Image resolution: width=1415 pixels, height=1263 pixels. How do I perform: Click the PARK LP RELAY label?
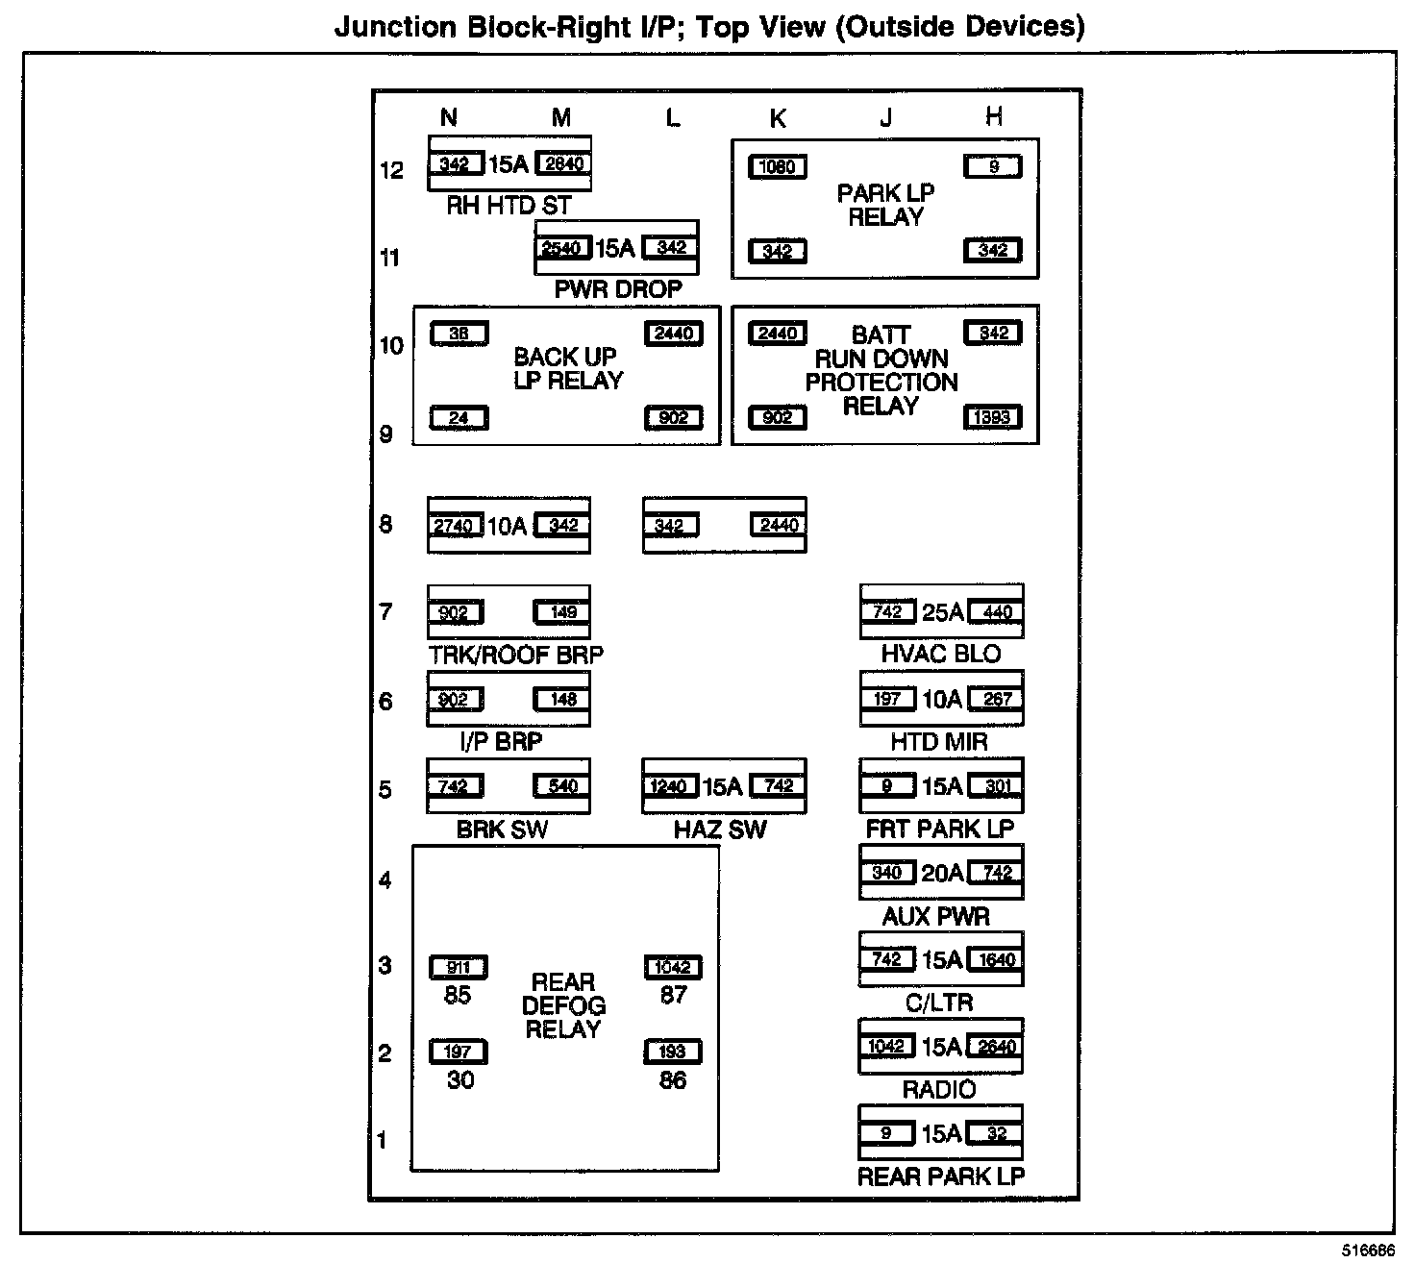click(884, 205)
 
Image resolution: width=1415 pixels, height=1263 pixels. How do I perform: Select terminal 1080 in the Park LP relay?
click(777, 167)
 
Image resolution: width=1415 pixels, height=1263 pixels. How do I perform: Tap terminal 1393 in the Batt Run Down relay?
click(992, 418)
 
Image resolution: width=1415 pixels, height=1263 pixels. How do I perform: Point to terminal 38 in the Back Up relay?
click(459, 334)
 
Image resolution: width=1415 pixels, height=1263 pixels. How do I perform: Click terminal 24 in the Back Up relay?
click(459, 418)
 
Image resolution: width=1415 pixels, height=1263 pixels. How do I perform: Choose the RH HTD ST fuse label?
click(509, 206)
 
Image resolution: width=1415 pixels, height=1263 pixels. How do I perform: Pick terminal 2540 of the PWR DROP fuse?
click(562, 249)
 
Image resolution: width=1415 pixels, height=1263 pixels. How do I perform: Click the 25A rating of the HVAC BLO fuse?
click(941, 612)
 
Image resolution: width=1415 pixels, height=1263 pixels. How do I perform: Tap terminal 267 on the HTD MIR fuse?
click(996, 700)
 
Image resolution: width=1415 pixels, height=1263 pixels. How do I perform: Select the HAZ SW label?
click(720, 830)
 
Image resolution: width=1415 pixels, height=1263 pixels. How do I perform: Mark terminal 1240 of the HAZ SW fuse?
click(669, 786)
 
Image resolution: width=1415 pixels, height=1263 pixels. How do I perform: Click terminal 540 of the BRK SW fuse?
click(562, 786)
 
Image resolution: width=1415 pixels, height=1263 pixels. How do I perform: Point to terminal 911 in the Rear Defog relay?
click(459, 968)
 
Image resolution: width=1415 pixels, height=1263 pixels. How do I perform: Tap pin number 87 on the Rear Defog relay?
click(673, 996)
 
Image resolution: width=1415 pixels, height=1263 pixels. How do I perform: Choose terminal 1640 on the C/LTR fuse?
click(996, 959)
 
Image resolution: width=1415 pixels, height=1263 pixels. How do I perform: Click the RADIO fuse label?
click(939, 1090)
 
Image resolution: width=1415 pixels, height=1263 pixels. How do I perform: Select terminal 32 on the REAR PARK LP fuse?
click(996, 1134)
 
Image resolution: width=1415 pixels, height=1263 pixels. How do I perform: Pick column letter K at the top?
click(778, 118)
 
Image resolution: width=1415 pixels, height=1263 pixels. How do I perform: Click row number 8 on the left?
click(385, 525)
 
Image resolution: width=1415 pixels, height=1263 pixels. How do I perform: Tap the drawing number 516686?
click(1369, 1251)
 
